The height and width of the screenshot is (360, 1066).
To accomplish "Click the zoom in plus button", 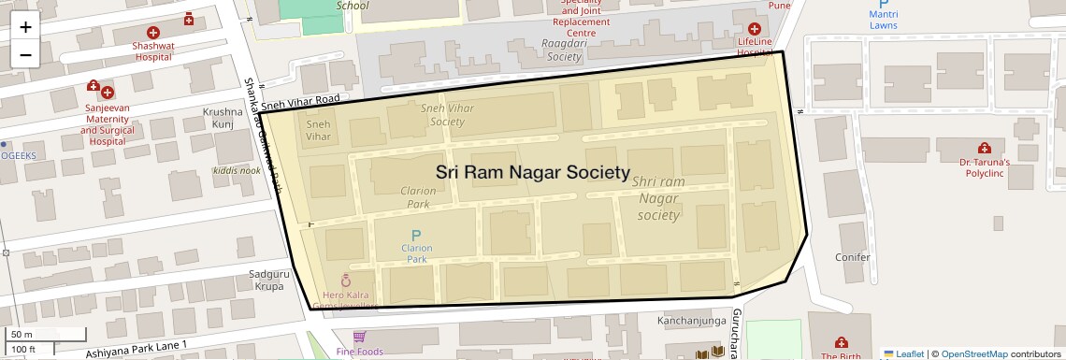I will click(25, 27).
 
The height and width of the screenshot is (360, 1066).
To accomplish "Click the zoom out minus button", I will click(25, 55).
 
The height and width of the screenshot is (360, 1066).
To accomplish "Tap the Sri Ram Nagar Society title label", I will click(533, 173).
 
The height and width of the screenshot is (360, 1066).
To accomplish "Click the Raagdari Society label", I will click(564, 50).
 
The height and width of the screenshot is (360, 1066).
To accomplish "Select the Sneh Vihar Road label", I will click(299, 98).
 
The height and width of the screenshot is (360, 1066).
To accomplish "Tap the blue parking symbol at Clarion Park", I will click(416, 235).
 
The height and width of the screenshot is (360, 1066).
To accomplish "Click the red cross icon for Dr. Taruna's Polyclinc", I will click(984, 148).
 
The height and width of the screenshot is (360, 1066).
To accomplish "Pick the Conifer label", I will click(852, 256).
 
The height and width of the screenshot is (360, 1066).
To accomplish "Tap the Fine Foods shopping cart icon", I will click(359, 337).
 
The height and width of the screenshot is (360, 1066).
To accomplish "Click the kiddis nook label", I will click(237, 170).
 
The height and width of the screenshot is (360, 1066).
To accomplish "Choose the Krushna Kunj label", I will click(223, 118).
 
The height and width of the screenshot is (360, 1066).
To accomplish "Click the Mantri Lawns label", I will click(883, 19).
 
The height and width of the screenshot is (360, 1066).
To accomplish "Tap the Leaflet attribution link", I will click(903, 353).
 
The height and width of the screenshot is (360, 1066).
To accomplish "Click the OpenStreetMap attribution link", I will click(973, 353).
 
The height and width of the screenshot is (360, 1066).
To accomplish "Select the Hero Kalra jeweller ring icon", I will click(346, 280).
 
